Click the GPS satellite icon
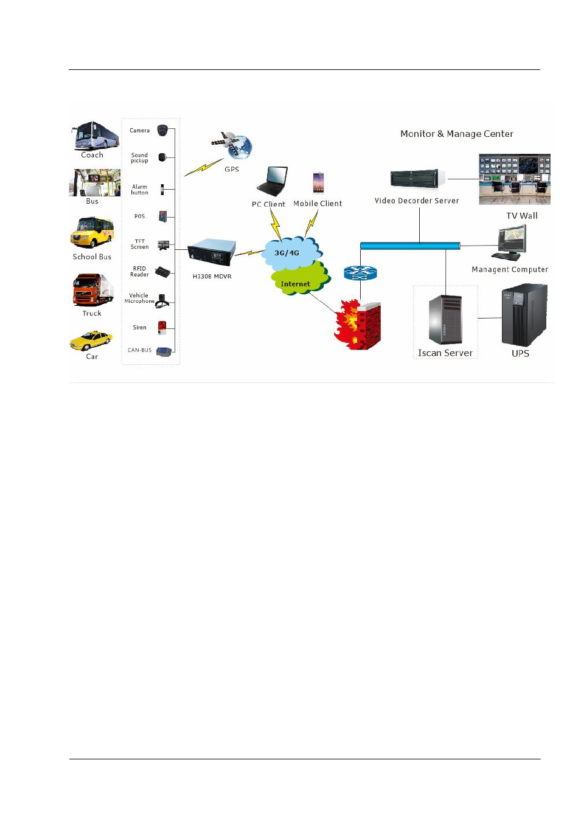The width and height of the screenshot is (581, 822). (232, 145)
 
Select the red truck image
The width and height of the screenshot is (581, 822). (92, 291)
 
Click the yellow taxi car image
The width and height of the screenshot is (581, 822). (91, 340)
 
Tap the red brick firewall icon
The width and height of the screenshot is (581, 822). (358, 324)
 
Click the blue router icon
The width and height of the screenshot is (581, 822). (360, 273)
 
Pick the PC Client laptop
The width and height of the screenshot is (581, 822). (271, 182)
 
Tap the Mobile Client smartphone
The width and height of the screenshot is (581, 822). (318, 182)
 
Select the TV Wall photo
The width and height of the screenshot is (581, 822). (514, 179)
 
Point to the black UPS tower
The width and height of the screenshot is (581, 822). (523, 315)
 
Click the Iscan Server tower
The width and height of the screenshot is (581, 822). (445, 320)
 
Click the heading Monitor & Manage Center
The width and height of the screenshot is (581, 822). (456, 134)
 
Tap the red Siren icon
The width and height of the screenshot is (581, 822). (162, 328)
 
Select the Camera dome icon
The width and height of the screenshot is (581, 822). (162, 130)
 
